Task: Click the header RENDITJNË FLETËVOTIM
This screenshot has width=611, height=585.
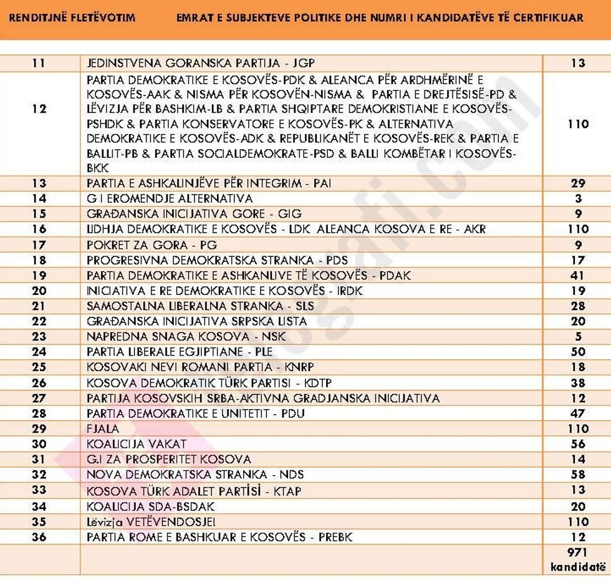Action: click(72, 17)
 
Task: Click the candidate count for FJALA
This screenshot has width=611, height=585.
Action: click(578, 428)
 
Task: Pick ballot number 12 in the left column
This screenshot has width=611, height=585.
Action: click(39, 109)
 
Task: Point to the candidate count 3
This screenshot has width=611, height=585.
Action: click(578, 198)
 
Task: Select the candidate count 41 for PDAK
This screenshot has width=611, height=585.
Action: click(578, 275)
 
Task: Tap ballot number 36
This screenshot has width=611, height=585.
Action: click(39, 537)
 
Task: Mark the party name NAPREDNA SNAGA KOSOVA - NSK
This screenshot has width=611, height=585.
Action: click(186, 336)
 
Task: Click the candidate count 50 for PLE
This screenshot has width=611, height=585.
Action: click(578, 352)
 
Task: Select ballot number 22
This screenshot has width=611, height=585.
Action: click(39, 321)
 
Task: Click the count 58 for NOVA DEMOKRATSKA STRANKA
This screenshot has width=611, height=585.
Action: click(578, 475)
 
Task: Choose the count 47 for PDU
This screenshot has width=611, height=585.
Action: click(578, 413)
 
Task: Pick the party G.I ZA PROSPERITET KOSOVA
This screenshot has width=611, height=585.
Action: click(169, 459)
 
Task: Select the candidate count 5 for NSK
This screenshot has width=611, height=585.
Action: click(578, 336)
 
